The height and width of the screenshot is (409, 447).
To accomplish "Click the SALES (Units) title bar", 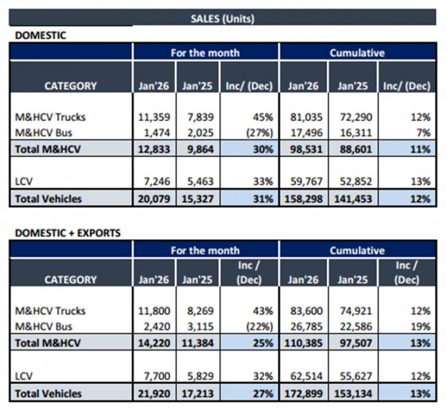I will click(x=222, y=18).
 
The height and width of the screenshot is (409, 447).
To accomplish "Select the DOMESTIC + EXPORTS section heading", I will click(x=67, y=233).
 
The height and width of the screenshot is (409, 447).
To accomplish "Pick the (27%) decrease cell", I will click(x=258, y=132).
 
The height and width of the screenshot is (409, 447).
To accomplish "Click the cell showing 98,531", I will click(x=305, y=149).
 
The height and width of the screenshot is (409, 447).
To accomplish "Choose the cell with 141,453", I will click(x=353, y=199).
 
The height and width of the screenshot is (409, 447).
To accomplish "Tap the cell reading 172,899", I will click(x=305, y=393).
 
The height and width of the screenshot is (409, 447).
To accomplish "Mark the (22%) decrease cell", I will click(x=258, y=326).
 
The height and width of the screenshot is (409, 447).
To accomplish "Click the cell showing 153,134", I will click(x=353, y=393).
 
